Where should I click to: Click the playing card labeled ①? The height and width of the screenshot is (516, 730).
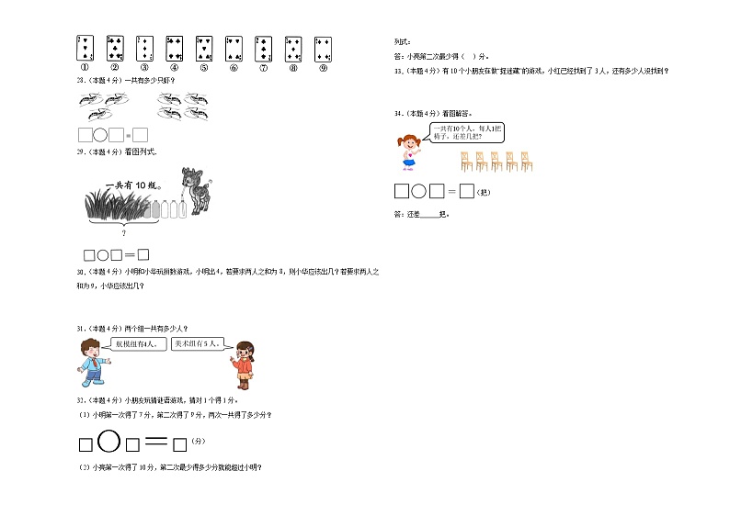[85, 47]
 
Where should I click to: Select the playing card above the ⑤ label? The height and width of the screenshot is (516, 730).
[203, 47]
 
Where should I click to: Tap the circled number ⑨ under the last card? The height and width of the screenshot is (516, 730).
[322, 67]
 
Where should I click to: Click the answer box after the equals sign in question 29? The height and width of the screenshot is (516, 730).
[143, 254]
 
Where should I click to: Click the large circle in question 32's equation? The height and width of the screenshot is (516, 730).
[108, 442]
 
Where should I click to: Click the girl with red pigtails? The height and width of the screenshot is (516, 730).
[406, 151]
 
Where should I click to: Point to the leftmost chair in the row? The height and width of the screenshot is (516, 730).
[466, 162]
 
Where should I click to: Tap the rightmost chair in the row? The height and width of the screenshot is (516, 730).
[526, 162]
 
